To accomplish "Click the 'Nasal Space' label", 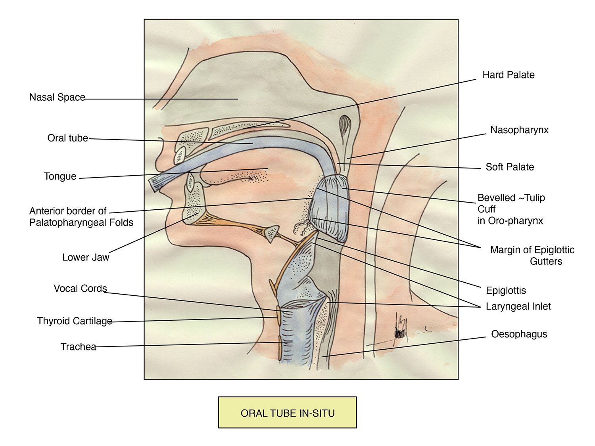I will point(57,97).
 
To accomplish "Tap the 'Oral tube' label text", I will point(67,138).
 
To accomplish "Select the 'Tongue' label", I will point(60,176).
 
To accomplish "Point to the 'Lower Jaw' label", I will point(85,257).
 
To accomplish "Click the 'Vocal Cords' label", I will point(80,288).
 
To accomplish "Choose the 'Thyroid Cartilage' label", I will point(75,321).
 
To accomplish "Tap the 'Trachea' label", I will point(78,347).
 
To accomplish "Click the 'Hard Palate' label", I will point(508,75).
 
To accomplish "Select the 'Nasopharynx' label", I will point(519,130).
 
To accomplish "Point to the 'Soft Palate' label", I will point(510,167).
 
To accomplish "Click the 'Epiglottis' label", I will point(506,291).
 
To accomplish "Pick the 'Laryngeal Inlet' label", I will point(518,306).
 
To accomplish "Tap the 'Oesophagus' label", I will point(519,334).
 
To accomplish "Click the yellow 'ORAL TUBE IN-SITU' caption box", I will point(288,413).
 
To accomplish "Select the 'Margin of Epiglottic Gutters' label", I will point(532,255).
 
